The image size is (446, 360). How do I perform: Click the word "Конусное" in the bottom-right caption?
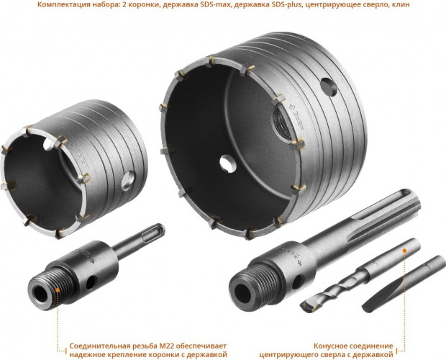click(x=333, y=335)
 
